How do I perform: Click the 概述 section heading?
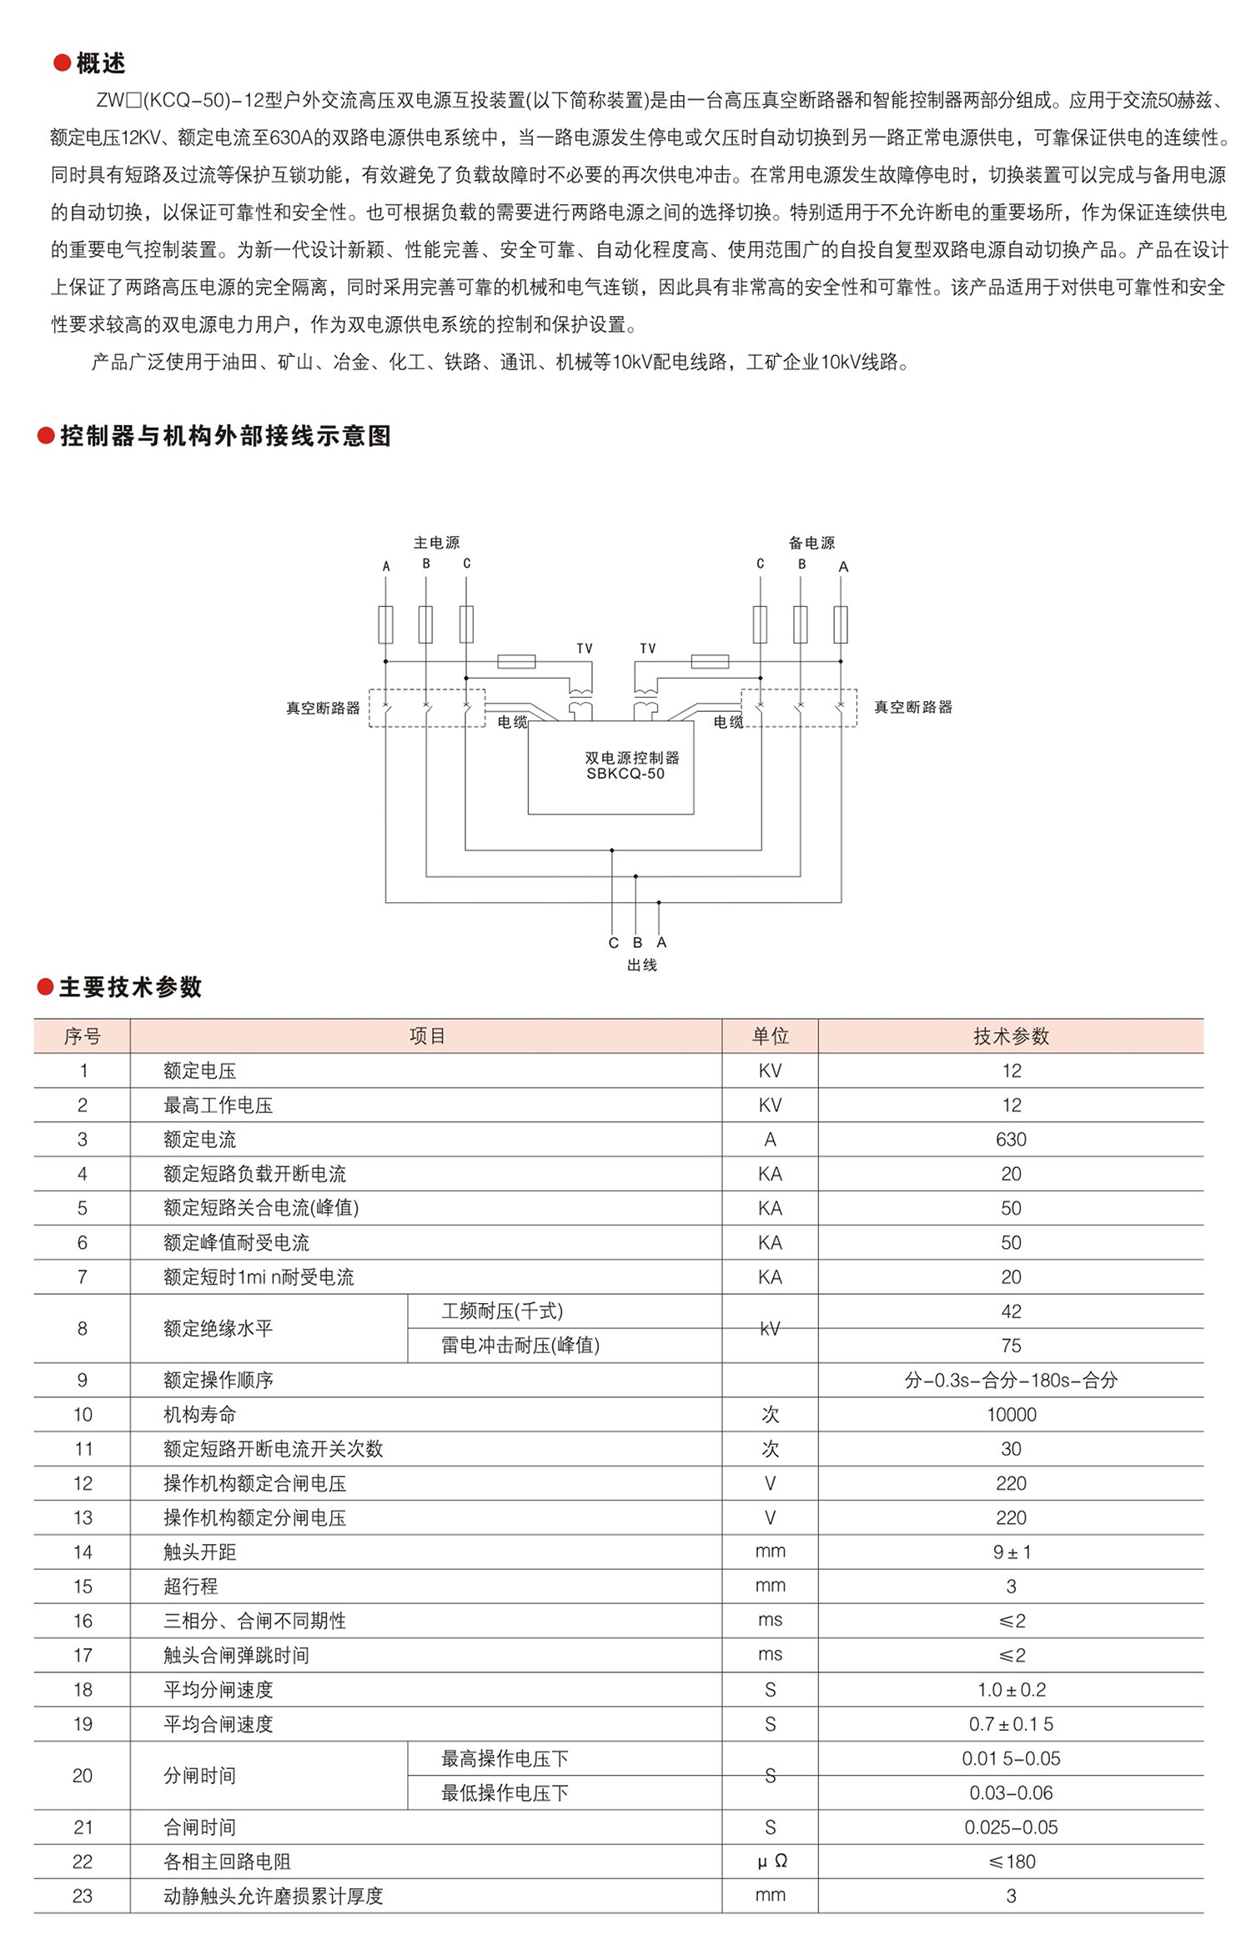pyautogui.click(x=100, y=63)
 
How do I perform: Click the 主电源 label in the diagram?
pyautogui.click(x=436, y=543)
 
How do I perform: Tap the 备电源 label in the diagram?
pyautogui.click(x=811, y=543)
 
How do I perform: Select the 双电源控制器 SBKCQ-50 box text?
pyautogui.click(x=631, y=765)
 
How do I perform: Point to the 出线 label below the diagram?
pyautogui.click(x=642, y=965)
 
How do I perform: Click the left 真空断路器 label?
pyautogui.click(x=323, y=708)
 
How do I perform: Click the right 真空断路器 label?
pyautogui.click(x=912, y=707)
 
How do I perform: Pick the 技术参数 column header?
pyautogui.click(x=1011, y=1036)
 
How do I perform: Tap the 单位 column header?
pyautogui.click(x=770, y=1036)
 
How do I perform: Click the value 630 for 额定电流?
pyautogui.click(x=1011, y=1140)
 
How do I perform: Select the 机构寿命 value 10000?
pyautogui.click(x=1011, y=1415)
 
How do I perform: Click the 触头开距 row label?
pyautogui.click(x=200, y=1552)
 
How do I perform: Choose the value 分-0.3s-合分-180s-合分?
pyautogui.click(x=1011, y=1381)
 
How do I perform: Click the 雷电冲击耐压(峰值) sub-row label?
pyautogui.click(x=520, y=1346)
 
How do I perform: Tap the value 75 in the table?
pyautogui.click(x=1011, y=1346)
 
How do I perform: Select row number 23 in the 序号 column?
pyautogui.click(x=83, y=1896)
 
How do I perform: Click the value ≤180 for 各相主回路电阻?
pyautogui.click(x=1011, y=1862)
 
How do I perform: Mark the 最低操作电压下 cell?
pyautogui.click(x=505, y=1792)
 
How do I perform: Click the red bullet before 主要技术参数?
pyautogui.click(x=46, y=988)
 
